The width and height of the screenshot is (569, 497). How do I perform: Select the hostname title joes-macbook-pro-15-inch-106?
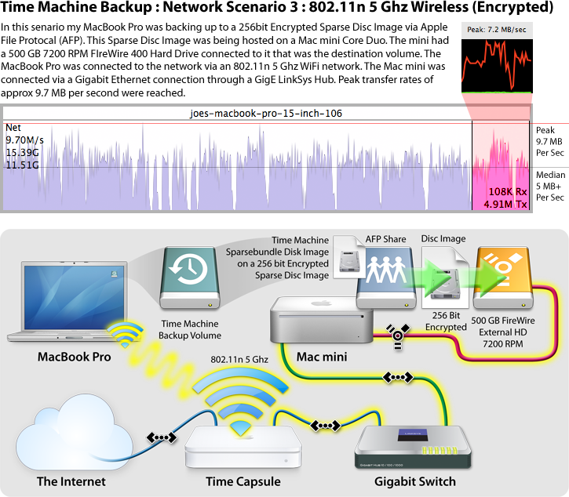click(266, 114)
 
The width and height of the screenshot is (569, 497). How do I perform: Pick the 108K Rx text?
click(508, 192)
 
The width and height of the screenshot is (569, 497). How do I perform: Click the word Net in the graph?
click(13, 127)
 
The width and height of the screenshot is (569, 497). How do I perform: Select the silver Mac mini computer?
click(321, 320)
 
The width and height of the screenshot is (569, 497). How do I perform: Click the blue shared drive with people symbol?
click(385, 277)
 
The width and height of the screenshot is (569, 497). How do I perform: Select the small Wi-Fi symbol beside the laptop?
click(123, 336)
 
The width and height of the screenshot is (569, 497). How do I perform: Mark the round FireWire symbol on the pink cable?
click(398, 335)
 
